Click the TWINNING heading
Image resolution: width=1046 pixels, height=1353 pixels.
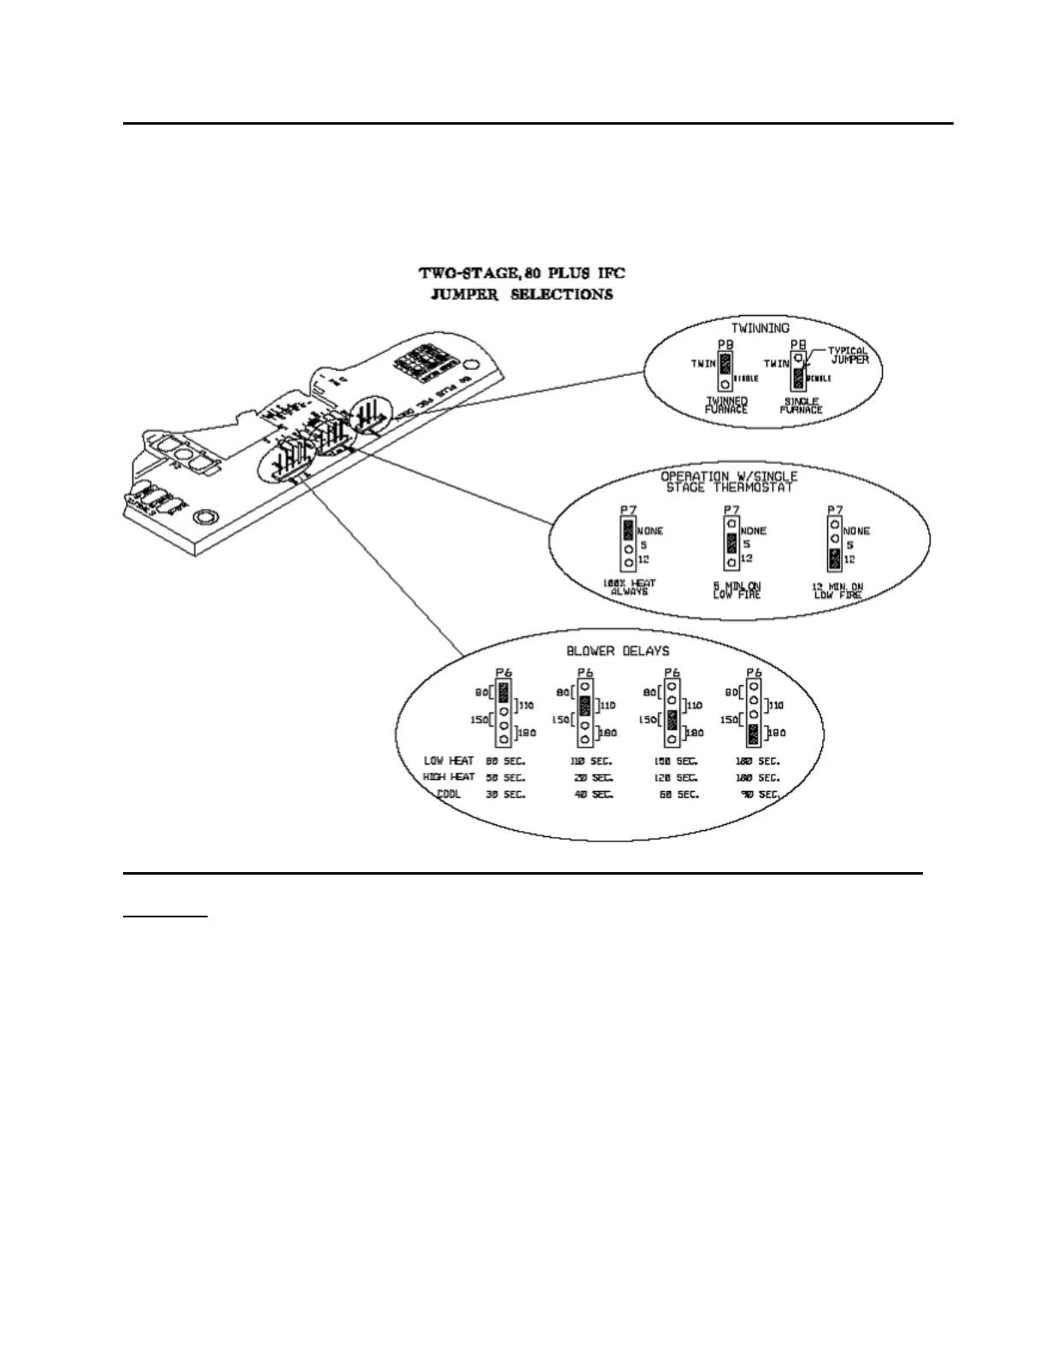pos(760,327)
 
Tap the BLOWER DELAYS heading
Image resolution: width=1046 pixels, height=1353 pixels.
pos(618,651)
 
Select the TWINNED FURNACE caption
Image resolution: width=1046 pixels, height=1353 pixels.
pos(726,405)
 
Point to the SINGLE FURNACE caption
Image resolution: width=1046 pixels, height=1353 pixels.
pos(801,405)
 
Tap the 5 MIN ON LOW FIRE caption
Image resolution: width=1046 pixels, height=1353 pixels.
pos(737,589)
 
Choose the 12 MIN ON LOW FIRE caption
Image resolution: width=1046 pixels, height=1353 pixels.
pos(837,589)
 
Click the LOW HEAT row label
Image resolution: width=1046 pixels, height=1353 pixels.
pos(449,760)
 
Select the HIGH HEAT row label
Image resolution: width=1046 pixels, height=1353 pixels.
pos(449,777)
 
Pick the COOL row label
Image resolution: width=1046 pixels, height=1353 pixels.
pos(449,794)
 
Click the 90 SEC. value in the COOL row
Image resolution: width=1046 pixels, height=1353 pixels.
pos(761,794)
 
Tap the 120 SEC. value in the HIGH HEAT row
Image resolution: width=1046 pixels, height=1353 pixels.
pos(677,777)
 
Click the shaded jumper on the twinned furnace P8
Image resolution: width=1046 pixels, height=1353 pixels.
pos(726,365)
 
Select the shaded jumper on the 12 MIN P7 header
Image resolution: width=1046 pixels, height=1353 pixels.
pos(833,559)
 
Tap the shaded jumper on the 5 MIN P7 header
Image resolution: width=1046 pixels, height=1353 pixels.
pos(732,543)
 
